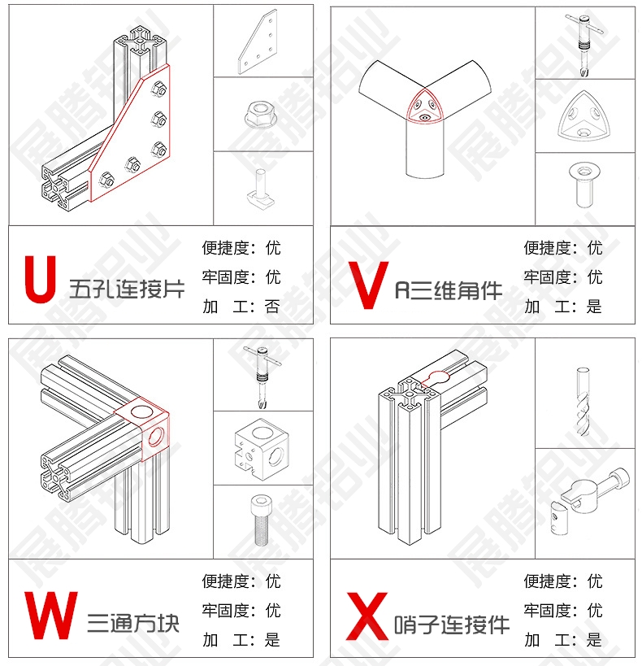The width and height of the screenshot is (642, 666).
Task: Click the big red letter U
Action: (41, 279)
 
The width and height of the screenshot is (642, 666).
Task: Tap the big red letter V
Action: (368, 285)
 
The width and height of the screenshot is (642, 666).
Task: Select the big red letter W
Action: (51, 616)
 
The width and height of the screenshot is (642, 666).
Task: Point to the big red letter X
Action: (367, 616)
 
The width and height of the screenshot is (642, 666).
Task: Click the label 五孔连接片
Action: (127, 289)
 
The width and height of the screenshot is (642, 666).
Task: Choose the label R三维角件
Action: (449, 290)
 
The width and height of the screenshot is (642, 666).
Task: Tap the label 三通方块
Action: (133, 624)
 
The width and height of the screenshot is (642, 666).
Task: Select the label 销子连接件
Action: (452, 625)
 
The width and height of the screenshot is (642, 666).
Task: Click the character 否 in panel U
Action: (272, 307)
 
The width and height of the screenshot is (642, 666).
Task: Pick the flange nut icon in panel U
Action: (260, 115)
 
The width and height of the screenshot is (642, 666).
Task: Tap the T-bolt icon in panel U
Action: (260, 189)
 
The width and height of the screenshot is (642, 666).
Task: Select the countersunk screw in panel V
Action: (584, 185)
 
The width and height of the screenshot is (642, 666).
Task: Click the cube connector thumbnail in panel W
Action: (259, 449)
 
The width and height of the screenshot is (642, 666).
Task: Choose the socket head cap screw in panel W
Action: (261, 520)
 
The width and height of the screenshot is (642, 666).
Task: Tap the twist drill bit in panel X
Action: (583, 402)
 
